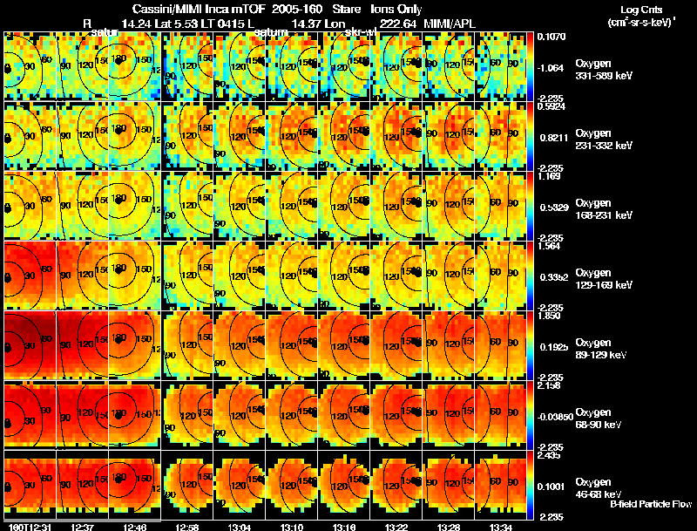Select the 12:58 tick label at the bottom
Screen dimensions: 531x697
[x=187, y=527]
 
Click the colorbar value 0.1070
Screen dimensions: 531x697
[x=550, y=37]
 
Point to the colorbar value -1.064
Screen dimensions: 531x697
[x=550, y=67]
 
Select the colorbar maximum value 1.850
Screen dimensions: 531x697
[x=550, y=316]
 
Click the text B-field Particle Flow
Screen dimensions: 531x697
[x=651, y=504]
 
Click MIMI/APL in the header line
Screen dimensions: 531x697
[x=451, y=23]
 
